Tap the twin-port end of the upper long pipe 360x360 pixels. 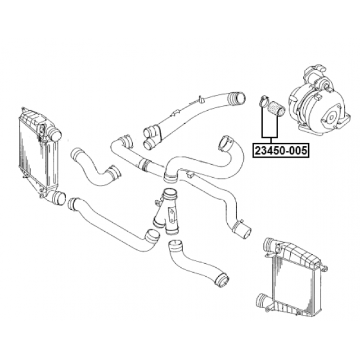click(x=150, y=137)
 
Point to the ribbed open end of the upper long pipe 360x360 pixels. click(x=238, y=98)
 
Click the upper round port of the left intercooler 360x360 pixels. click(x=54, y=134)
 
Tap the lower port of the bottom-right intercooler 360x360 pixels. click(x=262, y=299)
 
